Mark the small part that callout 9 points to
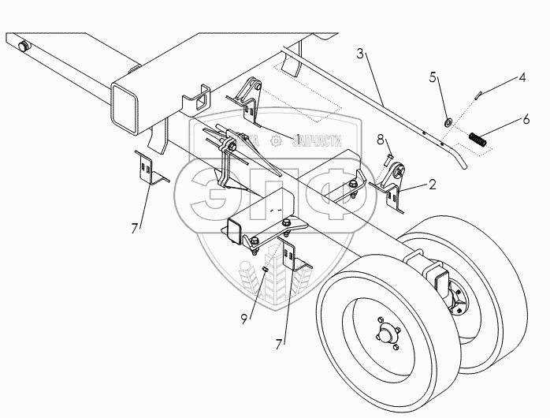[x=266, y=268]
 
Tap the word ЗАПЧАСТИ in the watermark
[x=316, y=141]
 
